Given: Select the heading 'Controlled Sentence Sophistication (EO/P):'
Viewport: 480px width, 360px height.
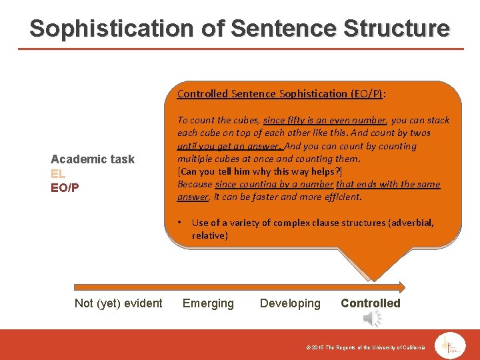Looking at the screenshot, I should [x=281, y=94].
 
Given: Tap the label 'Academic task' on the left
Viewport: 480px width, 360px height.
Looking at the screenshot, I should [x=93, y=159].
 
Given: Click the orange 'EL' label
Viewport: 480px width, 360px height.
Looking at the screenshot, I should [x=58, y=173].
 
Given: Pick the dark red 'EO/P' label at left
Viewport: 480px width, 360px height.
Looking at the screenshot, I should [x=65, y=187].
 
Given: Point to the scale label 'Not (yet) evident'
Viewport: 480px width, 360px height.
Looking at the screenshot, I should [x=118, y=303].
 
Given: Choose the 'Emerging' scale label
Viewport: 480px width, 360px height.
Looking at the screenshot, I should [x=208, y=303].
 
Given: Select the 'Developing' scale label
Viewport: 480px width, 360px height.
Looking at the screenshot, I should [x=290, y=303].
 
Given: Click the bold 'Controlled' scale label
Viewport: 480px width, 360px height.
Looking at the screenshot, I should [x=371, y=303].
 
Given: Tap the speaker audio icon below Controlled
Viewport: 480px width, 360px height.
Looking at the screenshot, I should [x=372, y=319].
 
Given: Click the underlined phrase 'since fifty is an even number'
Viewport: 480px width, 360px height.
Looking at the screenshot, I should [x=325, y=121].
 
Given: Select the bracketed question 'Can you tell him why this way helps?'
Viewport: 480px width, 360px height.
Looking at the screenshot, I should [x=259, y=171].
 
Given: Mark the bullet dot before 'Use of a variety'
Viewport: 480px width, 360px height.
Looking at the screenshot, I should [x=181, y=223].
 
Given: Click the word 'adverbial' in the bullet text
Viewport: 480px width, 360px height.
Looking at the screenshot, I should [x=411, y=223].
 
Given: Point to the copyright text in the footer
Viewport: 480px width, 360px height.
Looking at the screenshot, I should [x=361, y=348].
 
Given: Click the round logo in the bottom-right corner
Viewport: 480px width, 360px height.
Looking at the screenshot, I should [x=451, y=345].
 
